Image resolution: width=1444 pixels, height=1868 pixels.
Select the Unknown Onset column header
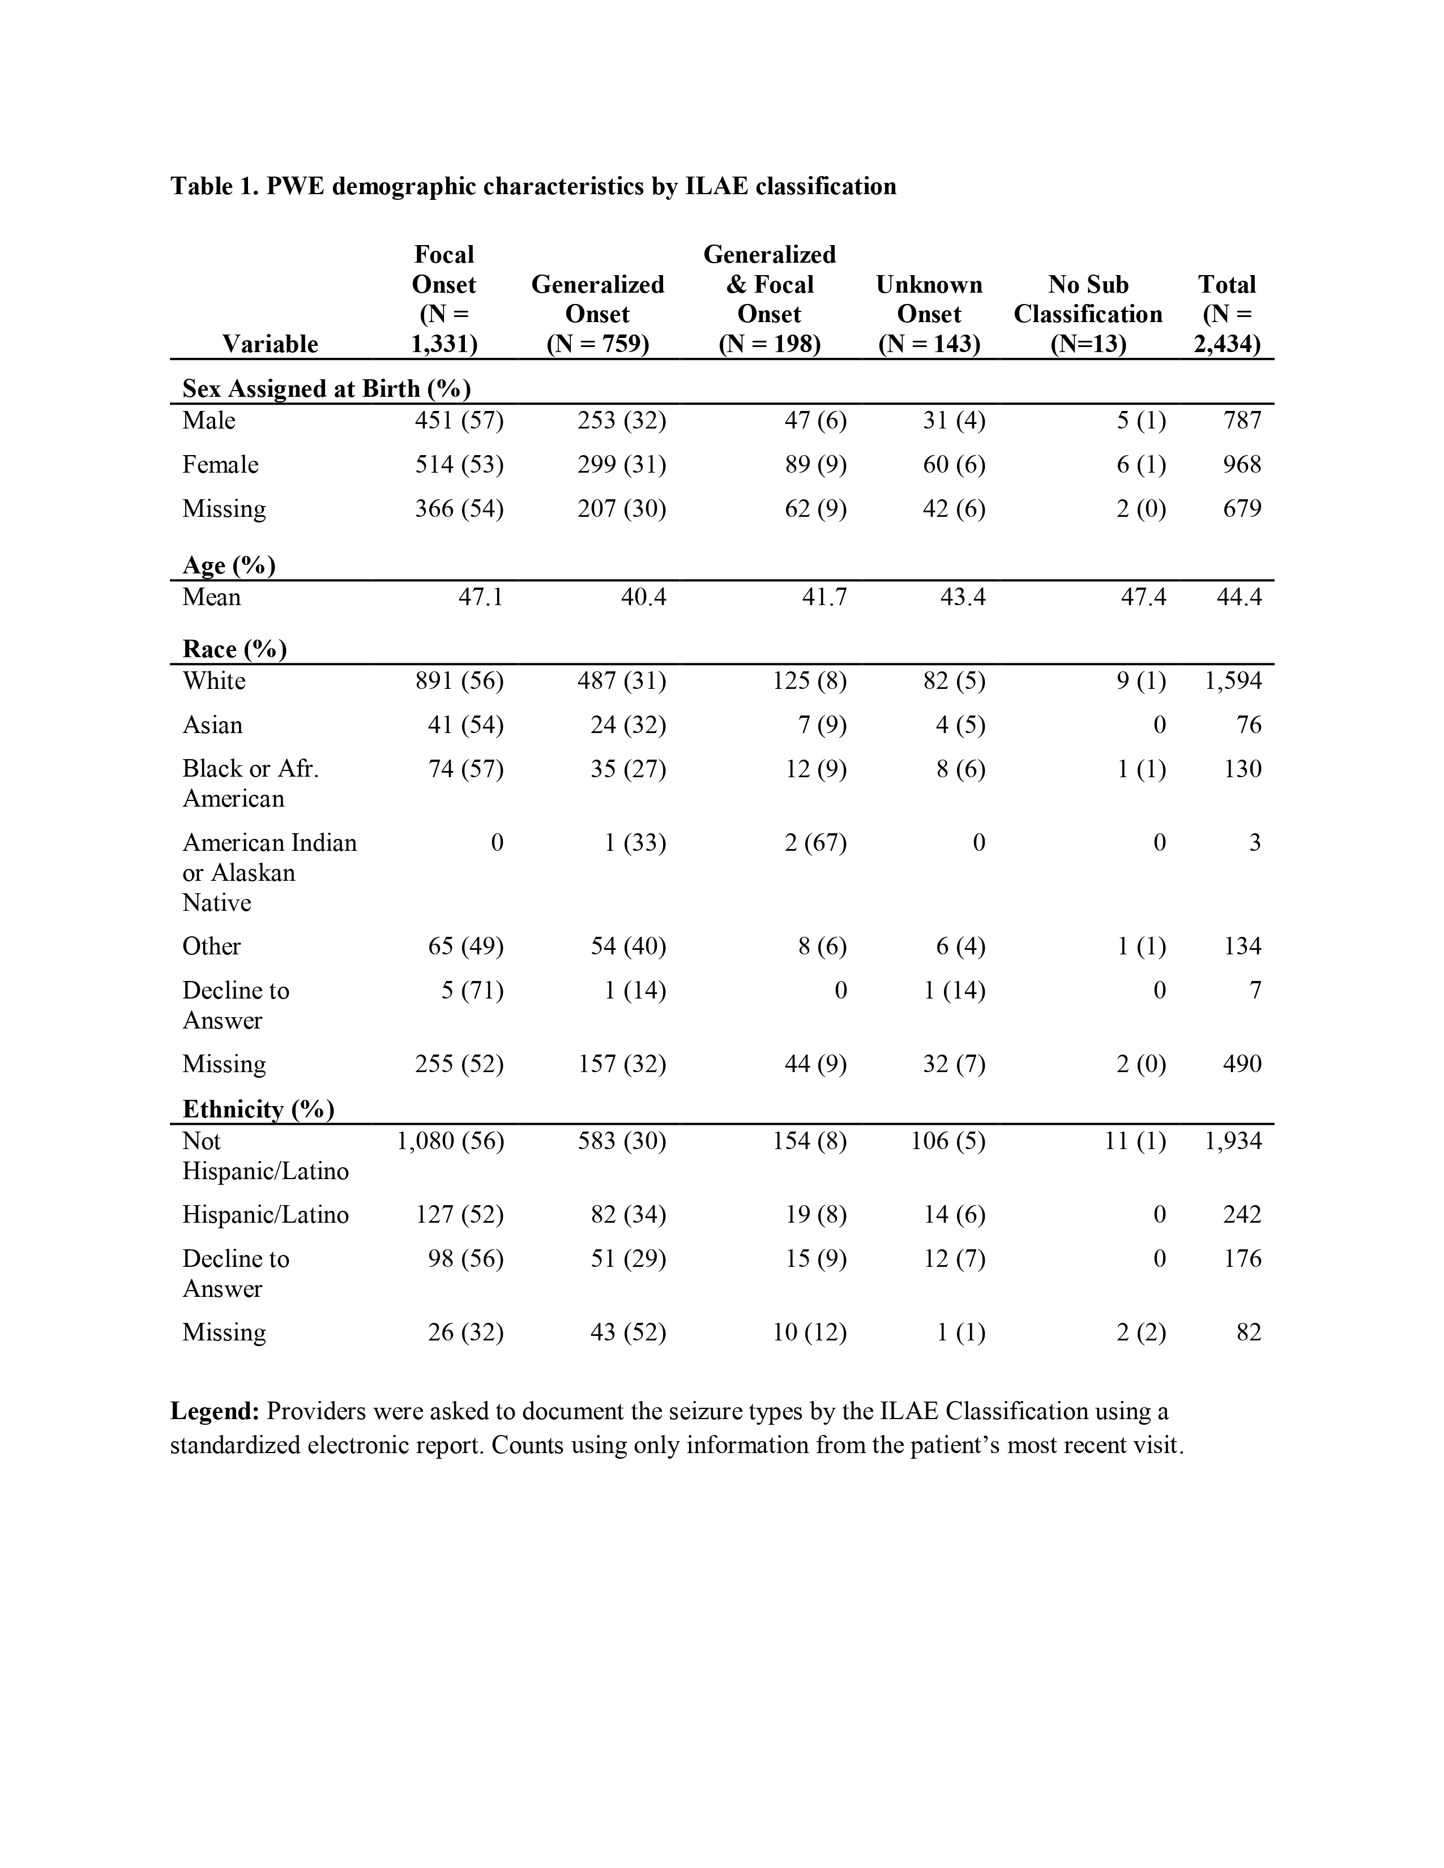point(929,314)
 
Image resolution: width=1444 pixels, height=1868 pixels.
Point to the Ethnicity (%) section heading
point(258,1109)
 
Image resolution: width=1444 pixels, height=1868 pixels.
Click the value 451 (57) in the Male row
point(459,421)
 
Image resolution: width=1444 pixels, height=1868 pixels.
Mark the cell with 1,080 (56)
point(450,1141)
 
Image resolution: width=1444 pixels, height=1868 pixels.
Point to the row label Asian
point(212,725)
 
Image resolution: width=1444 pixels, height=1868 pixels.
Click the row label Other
point(211,947)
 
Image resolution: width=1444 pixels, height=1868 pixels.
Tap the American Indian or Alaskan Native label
point(268,872)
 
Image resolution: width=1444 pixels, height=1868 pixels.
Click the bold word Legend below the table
point(214,1411)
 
